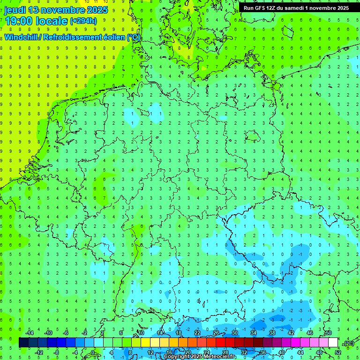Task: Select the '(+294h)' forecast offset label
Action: [83, 21]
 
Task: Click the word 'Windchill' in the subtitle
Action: [22, 37]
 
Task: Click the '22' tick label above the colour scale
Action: [197, 332]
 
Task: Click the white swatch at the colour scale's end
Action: [333, 342]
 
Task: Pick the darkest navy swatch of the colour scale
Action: [23, 342]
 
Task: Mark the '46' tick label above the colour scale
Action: [310, 332]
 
